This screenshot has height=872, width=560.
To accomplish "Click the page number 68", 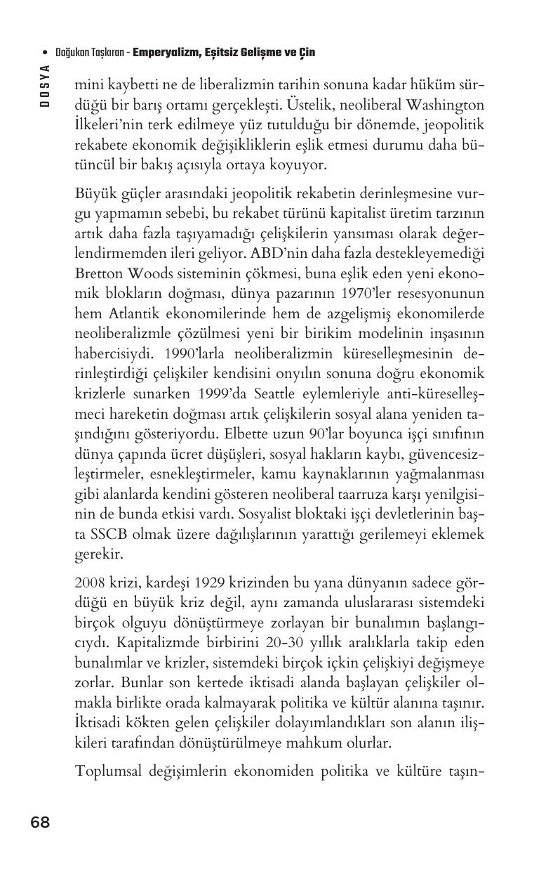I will pyautogui.click(x=40, y=822).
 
